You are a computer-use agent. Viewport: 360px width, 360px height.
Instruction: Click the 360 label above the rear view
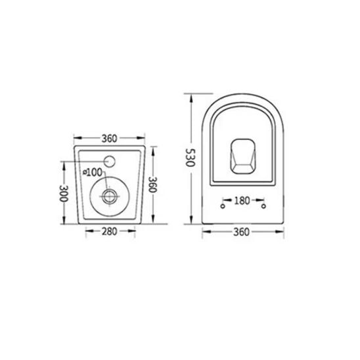point(109,139)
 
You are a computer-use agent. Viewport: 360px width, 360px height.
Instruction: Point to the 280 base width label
point(109,231)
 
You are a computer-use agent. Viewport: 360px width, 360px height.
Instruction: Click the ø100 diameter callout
point(93,172)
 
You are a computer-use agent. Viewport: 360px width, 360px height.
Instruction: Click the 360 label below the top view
point(242,231)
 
